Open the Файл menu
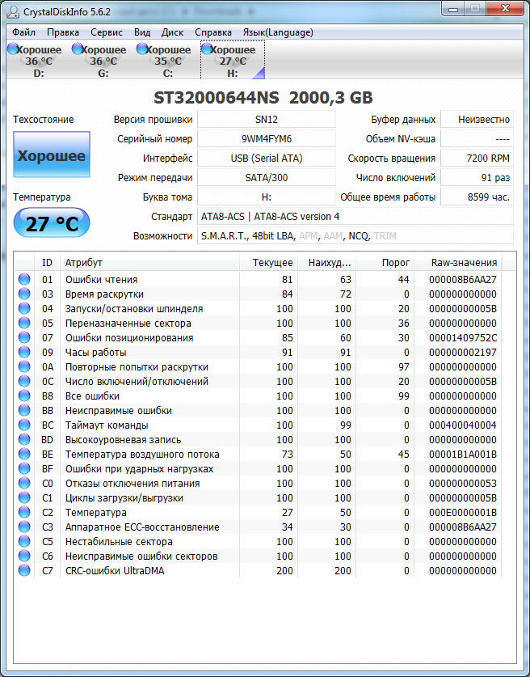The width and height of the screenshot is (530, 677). (23, 32)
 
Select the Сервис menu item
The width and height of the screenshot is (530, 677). (107, 32)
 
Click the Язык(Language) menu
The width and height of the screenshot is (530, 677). (278, 32)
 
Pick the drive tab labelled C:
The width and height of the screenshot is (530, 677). (167, 61)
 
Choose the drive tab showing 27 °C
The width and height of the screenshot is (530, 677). (232, 61)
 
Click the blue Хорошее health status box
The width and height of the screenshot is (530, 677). (52, 156)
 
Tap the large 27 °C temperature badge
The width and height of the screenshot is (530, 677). (52, 224)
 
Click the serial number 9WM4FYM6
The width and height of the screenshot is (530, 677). (267, 139)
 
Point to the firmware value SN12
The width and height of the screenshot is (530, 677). (267, 120)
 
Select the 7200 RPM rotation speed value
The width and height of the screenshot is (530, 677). (477, 159)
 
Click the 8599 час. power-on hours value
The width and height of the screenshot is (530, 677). (477, 197)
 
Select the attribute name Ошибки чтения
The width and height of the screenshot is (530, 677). (101, 280)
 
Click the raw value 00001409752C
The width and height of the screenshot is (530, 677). (463, 338)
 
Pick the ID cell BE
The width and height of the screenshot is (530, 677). (48, 455)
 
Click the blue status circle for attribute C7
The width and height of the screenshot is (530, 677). (24, 571)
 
